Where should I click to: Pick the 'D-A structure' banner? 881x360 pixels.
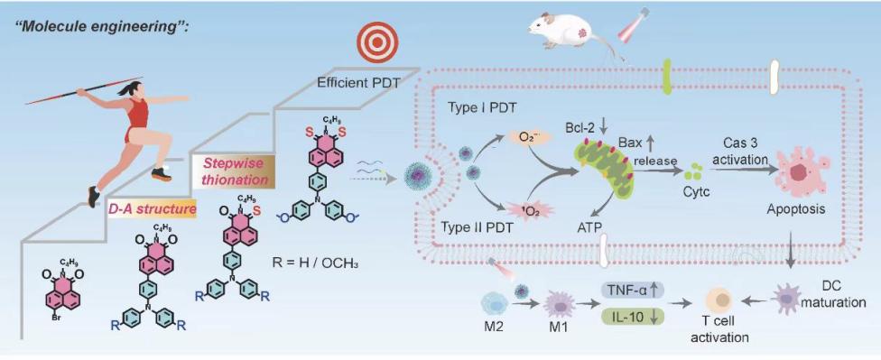tap(153, 209)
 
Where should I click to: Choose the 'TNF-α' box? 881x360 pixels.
tap(634, 291)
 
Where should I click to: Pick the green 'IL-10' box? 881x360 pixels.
tap(634, 317)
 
